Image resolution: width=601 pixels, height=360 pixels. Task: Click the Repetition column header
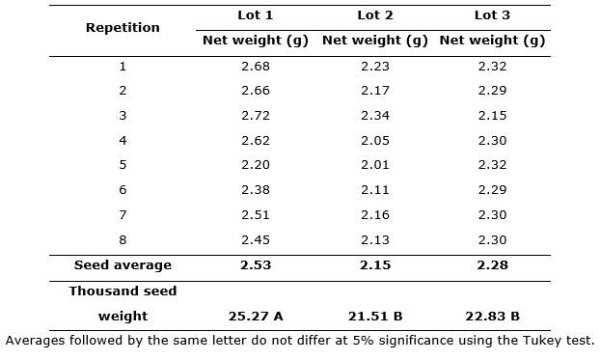(123, 28)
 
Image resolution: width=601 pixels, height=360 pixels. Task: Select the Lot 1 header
(256, 15)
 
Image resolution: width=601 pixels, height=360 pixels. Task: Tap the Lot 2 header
(375, 15)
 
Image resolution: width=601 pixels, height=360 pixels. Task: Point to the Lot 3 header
(492, 15)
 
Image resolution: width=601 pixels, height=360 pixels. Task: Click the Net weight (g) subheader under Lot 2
(375, 41)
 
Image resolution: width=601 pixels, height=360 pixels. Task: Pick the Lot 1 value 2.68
(256, 67)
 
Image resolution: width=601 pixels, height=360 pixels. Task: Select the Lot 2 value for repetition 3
(375, 116)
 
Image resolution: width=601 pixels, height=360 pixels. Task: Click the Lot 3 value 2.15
(492, 116)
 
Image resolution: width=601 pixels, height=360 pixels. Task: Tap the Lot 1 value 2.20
(256, 165)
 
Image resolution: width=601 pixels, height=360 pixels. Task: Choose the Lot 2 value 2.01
(375, 165)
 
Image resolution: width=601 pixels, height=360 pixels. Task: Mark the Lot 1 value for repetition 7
(256, 214)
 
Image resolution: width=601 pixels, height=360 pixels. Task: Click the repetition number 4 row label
(123, 140)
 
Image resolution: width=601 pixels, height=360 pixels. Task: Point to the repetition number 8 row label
(123, 240)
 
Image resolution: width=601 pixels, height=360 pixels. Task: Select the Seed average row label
(123, 264)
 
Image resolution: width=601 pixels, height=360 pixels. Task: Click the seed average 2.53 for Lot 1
(256, 264)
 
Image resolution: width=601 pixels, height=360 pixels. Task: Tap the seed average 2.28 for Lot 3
(492, 264)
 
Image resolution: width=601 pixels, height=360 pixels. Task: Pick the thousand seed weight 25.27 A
(256, 317)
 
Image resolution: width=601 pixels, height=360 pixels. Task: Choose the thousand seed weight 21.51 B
(375, 317)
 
